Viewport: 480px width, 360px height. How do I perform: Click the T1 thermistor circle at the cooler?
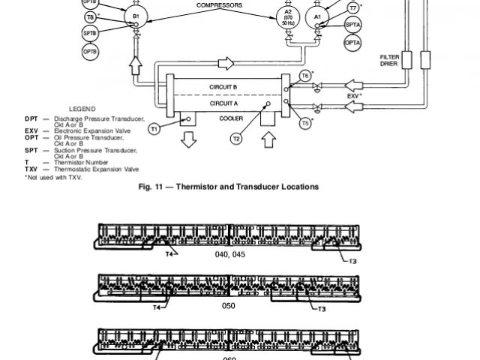pyautogui.click(x=154, y=129)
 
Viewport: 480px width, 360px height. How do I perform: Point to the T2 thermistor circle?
pyautogui.click(x=236, y=138)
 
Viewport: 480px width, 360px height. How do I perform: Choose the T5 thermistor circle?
pyautogui.click(x=305, y=122)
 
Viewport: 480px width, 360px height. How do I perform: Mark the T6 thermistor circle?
pyautogui.click(x=305, y=76)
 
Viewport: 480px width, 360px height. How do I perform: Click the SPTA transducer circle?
pyautogui.click(x=352, y=25)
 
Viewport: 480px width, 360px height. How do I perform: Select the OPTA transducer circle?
pyautogui.click(x=352, y=43)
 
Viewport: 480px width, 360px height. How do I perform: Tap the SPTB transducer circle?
pyautogui.click(x=90, y=35)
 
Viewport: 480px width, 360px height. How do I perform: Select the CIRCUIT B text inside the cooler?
pyautogui.click(x=224, y=88)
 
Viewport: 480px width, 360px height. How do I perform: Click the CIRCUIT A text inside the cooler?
pyautogui.click(x=224, y=104)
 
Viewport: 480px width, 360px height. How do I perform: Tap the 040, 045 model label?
pyautogui.click(x=229, y=255)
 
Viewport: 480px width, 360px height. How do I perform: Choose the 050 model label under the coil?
pyautogui.click(x=229, y=306)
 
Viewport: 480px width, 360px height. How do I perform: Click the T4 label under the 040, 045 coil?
pyautogui.click(x=169, y=255)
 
